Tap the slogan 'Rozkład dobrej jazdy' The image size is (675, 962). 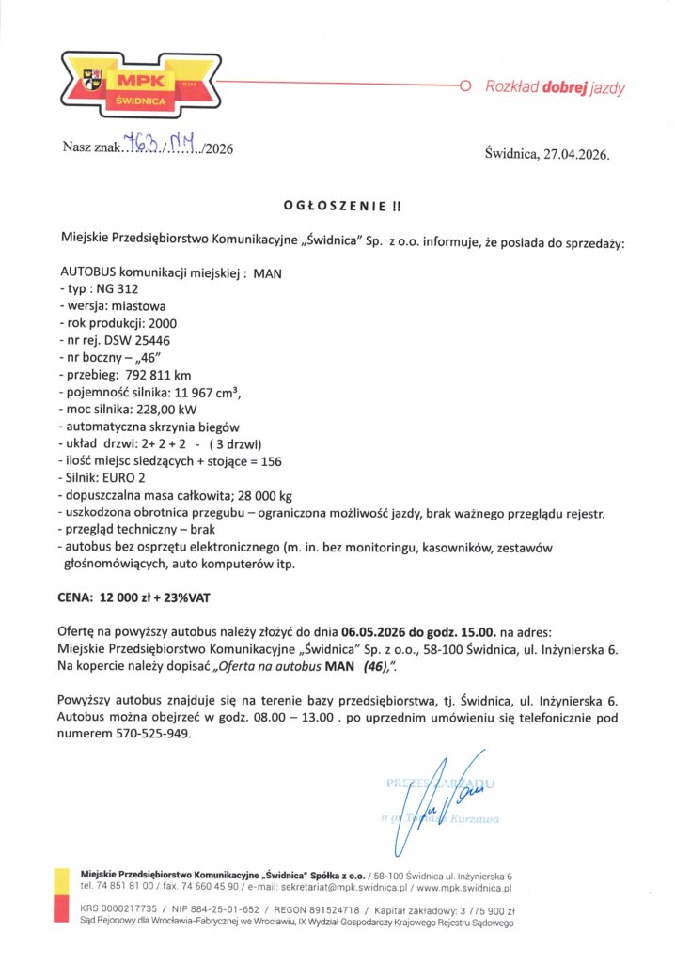555,88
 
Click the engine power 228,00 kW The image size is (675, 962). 175,410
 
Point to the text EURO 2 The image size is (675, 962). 128,478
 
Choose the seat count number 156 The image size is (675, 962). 268,461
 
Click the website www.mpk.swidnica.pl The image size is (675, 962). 463,887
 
